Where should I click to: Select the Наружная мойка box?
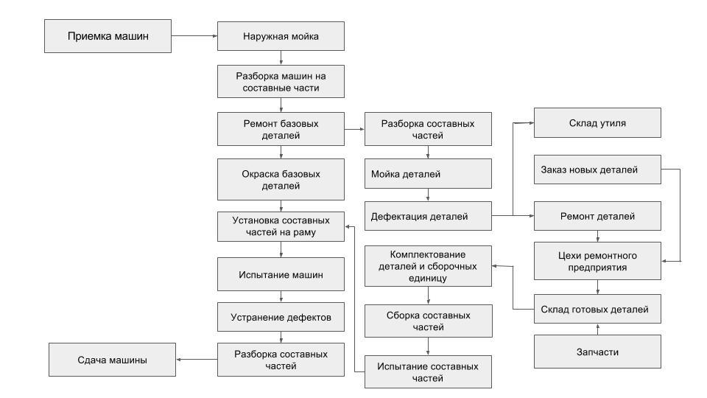(281, 36)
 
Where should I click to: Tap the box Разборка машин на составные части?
(281, 81)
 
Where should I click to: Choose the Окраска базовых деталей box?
(281, 180)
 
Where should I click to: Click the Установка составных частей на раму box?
(281, 226)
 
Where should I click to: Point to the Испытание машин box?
(281, 273)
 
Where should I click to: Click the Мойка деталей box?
(429, 175)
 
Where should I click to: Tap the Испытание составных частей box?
(429, 371)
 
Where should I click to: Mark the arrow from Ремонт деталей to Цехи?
(598, 236)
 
